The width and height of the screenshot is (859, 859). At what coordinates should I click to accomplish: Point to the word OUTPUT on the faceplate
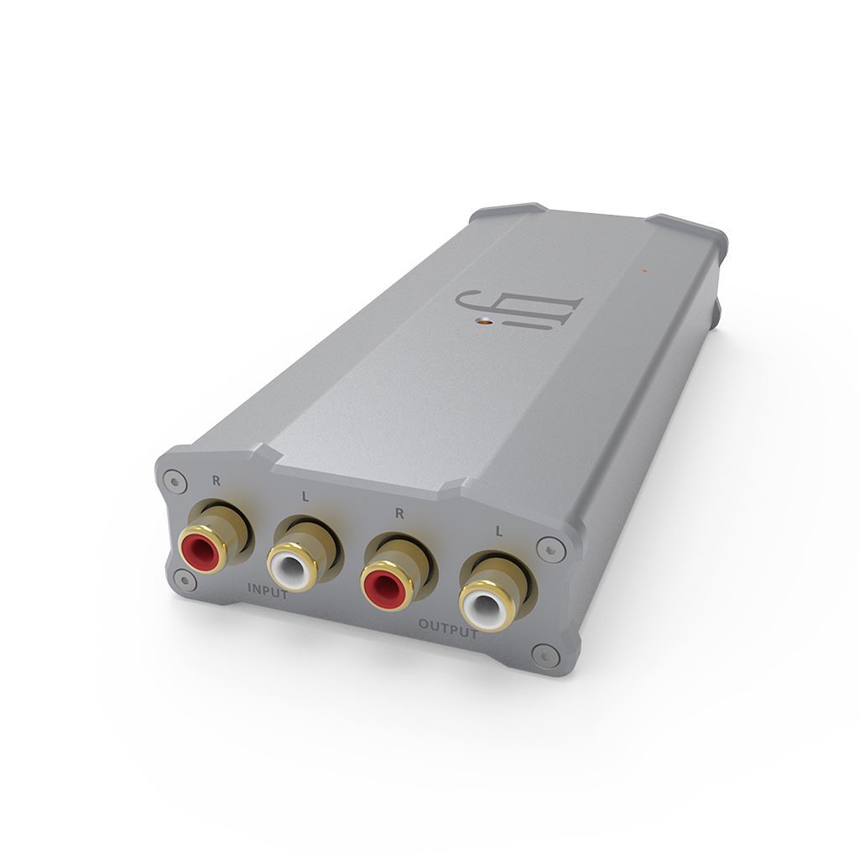coord(447,629)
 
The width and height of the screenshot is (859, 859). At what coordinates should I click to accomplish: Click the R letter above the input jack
coord(216,482)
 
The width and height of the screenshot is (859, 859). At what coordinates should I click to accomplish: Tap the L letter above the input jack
coord(305,497)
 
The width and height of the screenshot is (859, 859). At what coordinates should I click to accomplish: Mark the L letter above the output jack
coord(499,531)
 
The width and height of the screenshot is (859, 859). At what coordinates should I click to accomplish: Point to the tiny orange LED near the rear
coord(643,270)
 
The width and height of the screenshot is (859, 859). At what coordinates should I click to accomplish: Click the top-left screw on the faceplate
coord(174,480)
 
